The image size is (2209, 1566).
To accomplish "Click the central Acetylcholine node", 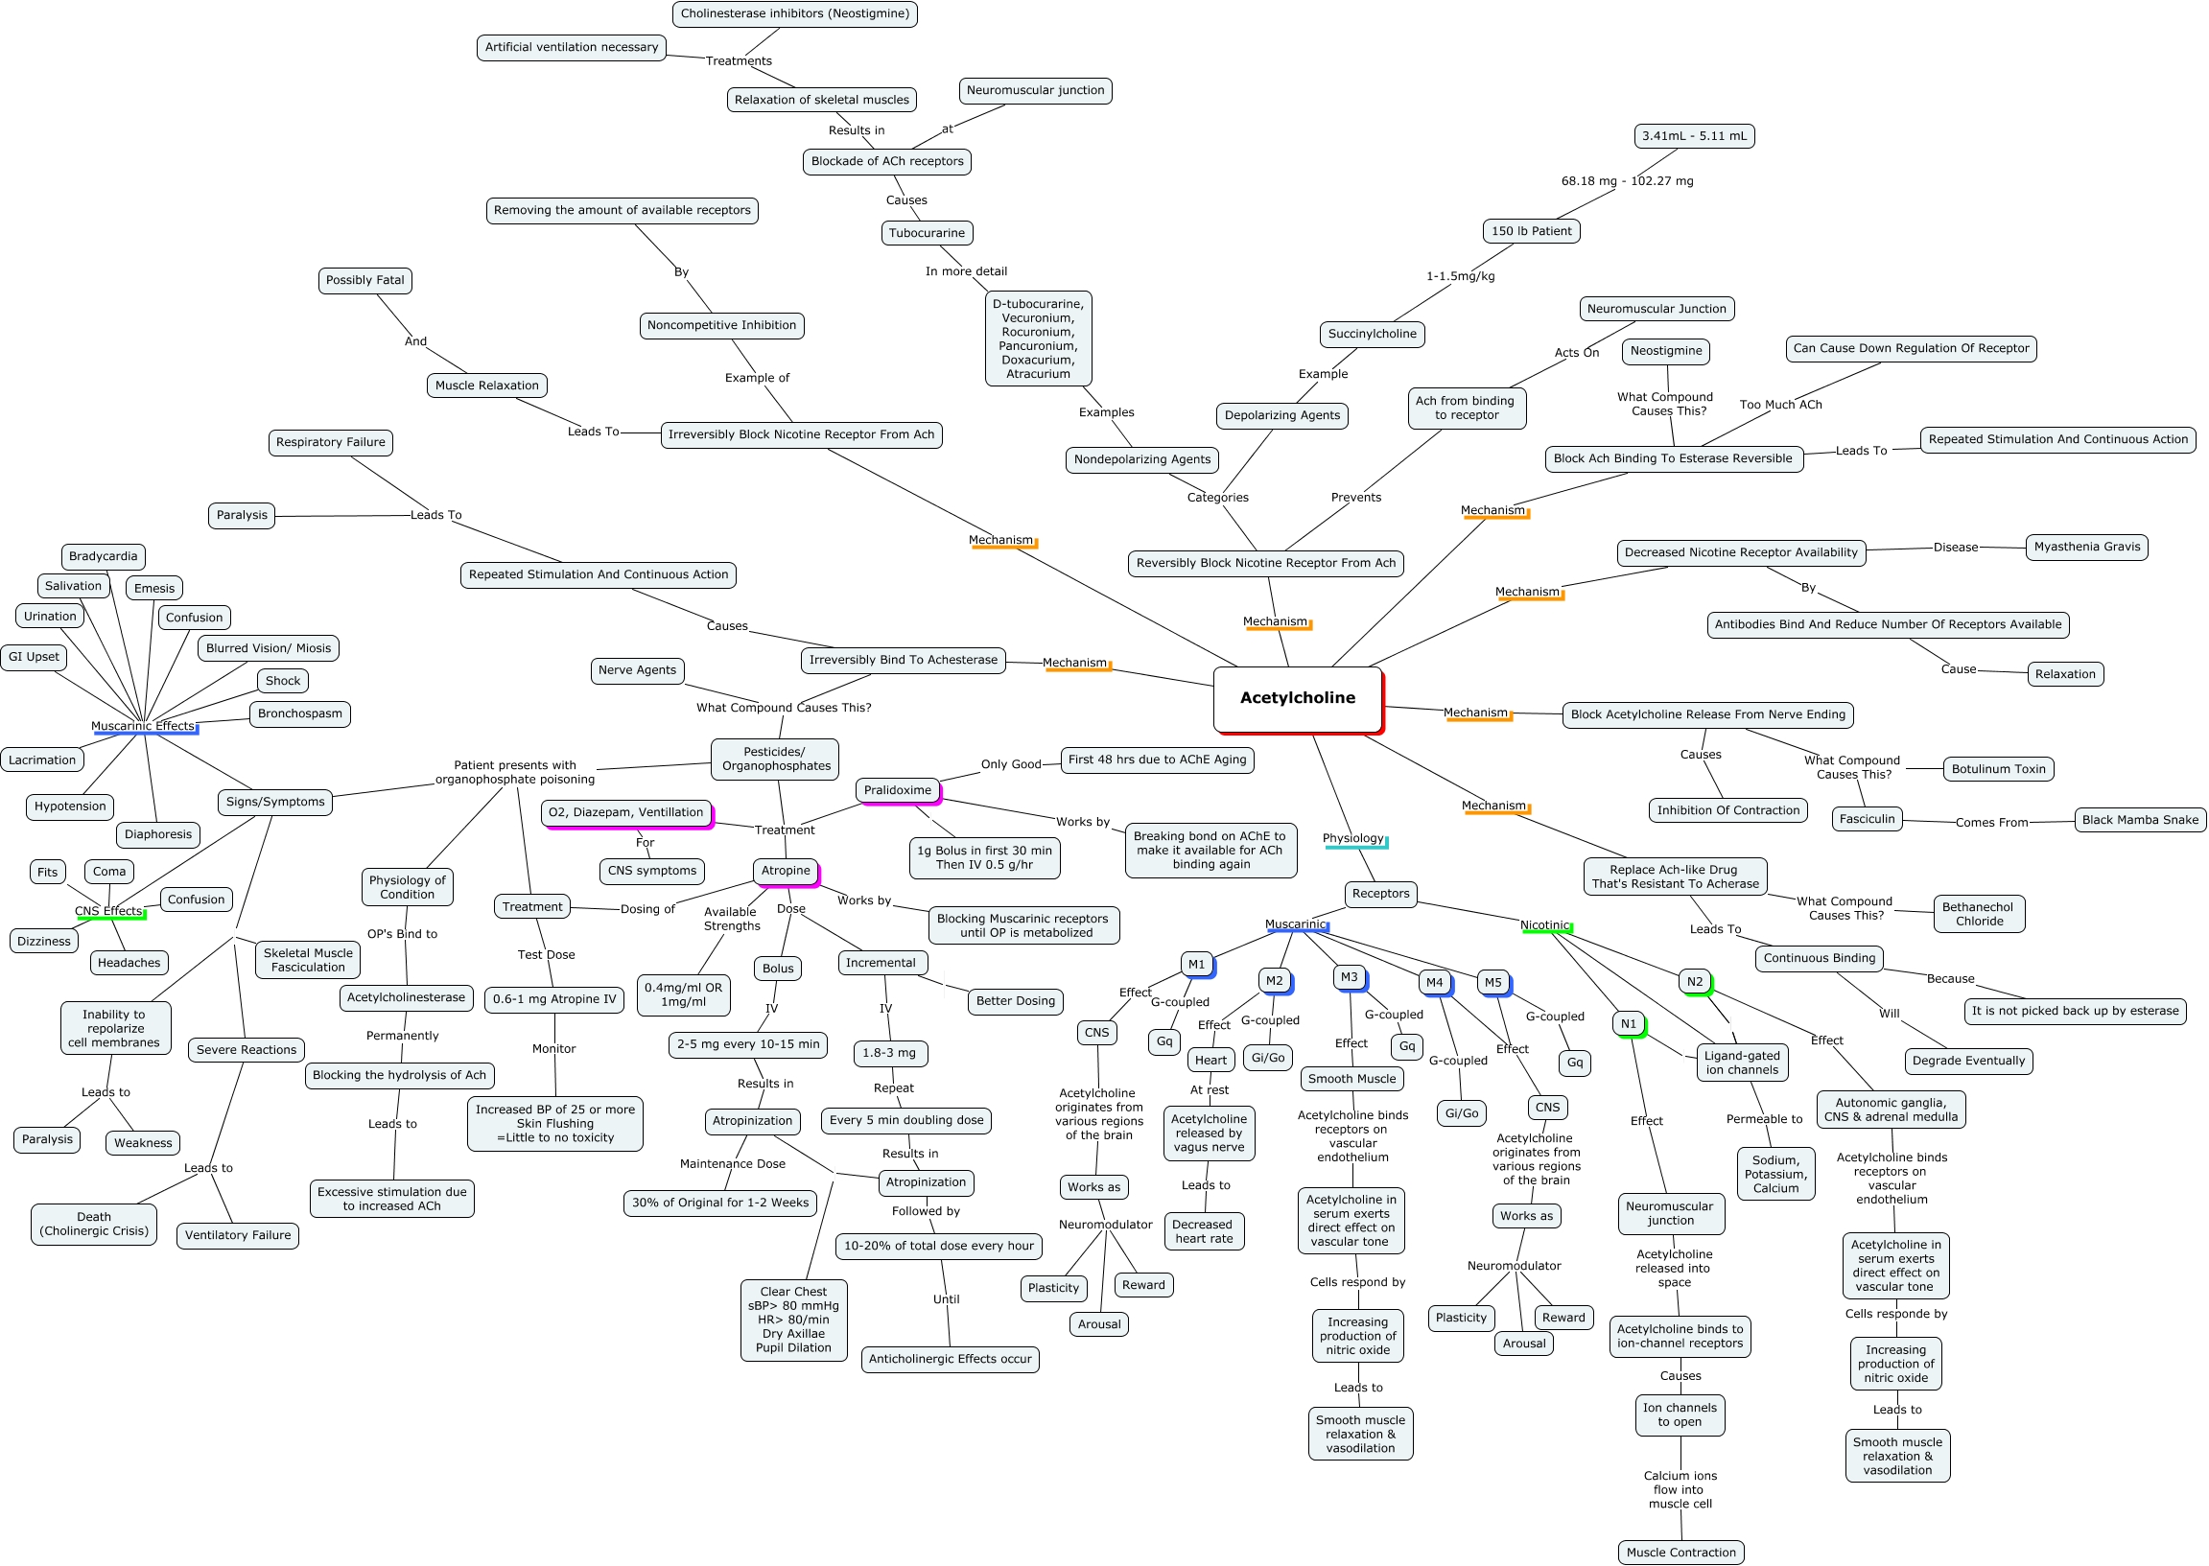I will click(1297, 698).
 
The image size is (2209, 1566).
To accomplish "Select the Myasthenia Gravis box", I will click(2085, 547).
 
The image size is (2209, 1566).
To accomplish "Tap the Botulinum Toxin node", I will click(1998, 769).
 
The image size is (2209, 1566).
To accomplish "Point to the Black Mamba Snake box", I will click(2140, 821).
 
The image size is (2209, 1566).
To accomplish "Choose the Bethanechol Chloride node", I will click(1978, 914).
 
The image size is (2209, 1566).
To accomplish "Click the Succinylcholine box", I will click(1372, 335).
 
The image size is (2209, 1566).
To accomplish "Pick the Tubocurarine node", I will click(926, 233).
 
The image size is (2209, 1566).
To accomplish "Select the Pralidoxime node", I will click(897, 791).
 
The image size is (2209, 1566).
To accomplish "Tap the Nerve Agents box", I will click(636, 670).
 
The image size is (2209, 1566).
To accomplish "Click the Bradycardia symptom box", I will click(104, 556).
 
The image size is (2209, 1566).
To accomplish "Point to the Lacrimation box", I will click(42, 760).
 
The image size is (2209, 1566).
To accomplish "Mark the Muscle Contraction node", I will click(1680, 1553).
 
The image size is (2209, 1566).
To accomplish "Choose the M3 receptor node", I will click(1349, 978).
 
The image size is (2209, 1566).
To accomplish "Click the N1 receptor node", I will click(1629, 1024).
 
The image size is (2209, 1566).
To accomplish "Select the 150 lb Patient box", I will click(1531, 231).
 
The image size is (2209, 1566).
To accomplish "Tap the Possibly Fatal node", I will click(364, 281).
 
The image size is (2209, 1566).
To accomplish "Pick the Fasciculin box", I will click(1867, 820).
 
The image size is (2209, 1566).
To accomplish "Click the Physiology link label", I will click(1352, 839).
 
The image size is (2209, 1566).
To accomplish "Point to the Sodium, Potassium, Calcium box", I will click(1775, 1175).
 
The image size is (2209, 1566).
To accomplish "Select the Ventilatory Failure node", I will click(237, 1235).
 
